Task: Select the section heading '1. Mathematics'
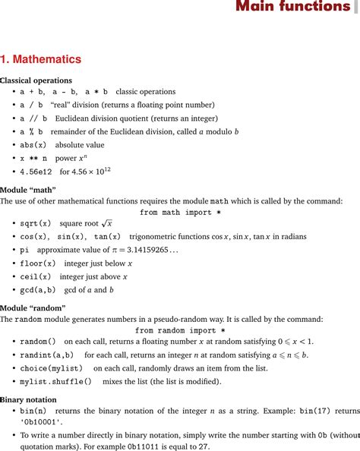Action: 41,59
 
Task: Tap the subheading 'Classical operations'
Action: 36,80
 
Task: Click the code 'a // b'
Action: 33,118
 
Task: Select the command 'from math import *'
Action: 180,212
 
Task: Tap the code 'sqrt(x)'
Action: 36,223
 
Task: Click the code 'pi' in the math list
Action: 24,249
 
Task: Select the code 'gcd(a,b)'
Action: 38,289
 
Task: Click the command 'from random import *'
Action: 180,330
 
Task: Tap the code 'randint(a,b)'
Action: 46,355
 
